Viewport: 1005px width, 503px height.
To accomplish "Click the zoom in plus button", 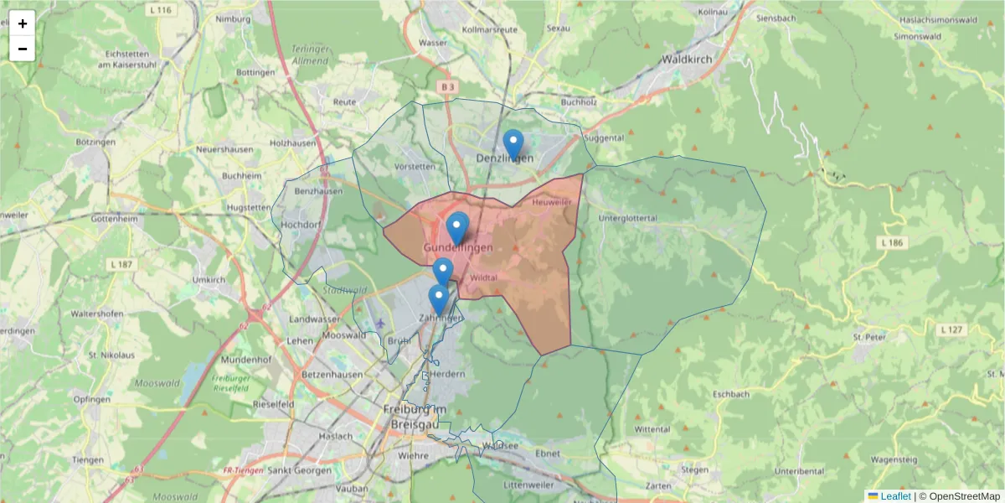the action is tap(23, 23).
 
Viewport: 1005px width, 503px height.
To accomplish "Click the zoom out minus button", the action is tap(23, 49).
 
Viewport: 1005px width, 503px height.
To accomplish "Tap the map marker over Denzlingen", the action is tap(513, 144).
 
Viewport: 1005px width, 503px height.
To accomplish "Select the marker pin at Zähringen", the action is tap(438, 299).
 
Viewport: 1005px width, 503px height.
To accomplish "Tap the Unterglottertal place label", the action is tap(628, 218).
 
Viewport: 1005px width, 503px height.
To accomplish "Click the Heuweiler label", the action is tap(552, 202).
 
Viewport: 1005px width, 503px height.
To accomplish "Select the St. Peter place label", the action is tap(869, 337).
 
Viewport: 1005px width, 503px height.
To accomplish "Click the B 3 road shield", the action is tap(449, 86).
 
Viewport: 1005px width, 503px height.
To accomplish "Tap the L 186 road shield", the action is tap(893, 242).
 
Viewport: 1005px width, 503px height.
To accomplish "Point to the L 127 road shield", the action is tap(952, 329).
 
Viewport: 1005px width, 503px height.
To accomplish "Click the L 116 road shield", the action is tap(163, 10).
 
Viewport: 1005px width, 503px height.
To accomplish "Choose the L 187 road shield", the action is tap(121, 265).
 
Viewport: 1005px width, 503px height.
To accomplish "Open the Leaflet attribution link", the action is tap(895, 496).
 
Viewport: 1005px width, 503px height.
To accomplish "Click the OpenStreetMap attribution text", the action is tap(964, 496).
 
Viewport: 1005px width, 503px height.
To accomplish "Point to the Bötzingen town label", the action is tap(95, 143).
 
